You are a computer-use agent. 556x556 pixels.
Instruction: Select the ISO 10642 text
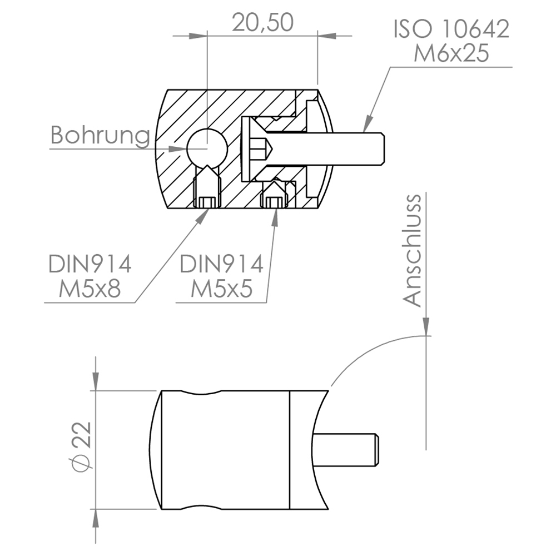click(x=451, y=29)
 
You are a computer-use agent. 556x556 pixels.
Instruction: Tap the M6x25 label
click(x=451, y=54)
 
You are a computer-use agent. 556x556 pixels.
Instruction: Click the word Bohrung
click(x=100, y=135)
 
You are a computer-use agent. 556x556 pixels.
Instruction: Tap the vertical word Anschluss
click(x=413, y=250)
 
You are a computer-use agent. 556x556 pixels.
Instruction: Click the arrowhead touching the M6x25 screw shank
click(x=368, y=126)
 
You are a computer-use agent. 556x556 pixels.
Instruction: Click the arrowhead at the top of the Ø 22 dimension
click(x=96, y=381)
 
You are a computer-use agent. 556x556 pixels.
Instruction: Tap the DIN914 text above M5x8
click(x=90, y=264)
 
